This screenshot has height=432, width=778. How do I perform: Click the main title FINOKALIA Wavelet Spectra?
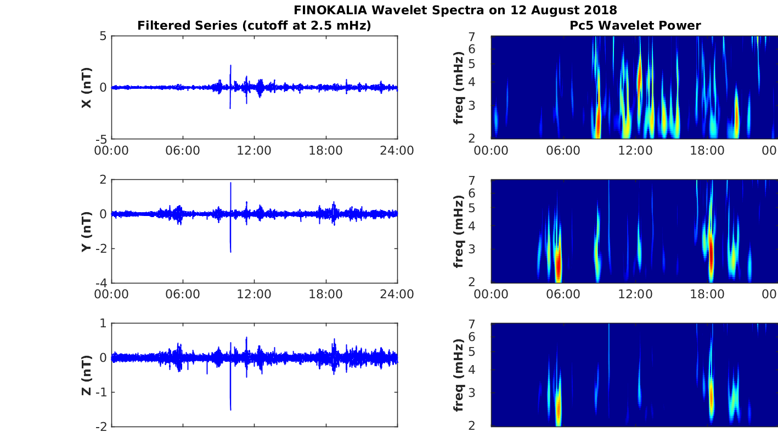click(455, 10)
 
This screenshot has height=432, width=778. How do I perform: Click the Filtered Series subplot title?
click(254, 25)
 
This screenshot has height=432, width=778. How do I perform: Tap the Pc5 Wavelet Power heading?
click(635, 25)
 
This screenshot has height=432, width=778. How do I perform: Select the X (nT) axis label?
click(86, 88)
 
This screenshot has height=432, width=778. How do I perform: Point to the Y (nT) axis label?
click(86, 231)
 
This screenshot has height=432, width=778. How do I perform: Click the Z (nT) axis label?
click(86, 376)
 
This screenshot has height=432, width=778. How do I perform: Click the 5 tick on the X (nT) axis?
click(102, 36)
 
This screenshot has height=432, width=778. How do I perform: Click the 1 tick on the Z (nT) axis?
click(103, 323)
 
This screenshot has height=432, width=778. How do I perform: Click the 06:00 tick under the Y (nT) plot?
click(183, 294)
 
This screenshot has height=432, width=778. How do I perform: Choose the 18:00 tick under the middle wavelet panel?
click(707, 294)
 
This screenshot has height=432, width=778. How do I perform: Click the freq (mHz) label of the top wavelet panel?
click(459, 88)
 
